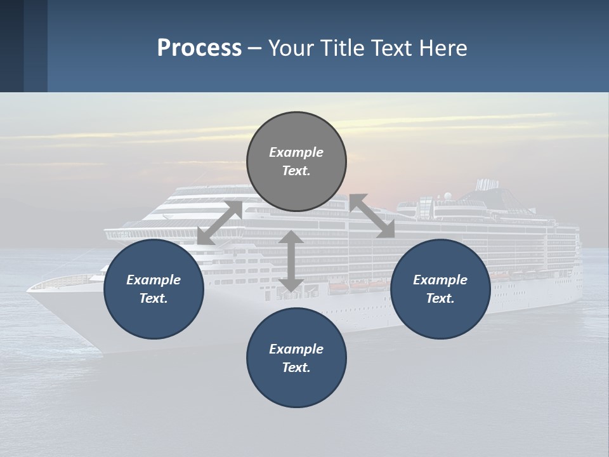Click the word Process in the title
point(199,48)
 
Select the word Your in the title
point(292,48)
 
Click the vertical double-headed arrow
point(291,261)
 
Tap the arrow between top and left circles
point(219,223)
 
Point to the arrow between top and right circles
point(372,216)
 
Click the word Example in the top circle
point(296,152)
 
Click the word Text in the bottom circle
point(296,368)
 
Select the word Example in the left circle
point(154,280)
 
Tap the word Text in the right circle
point(440,298)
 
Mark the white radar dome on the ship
point(448,195)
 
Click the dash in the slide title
point(255,48)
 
